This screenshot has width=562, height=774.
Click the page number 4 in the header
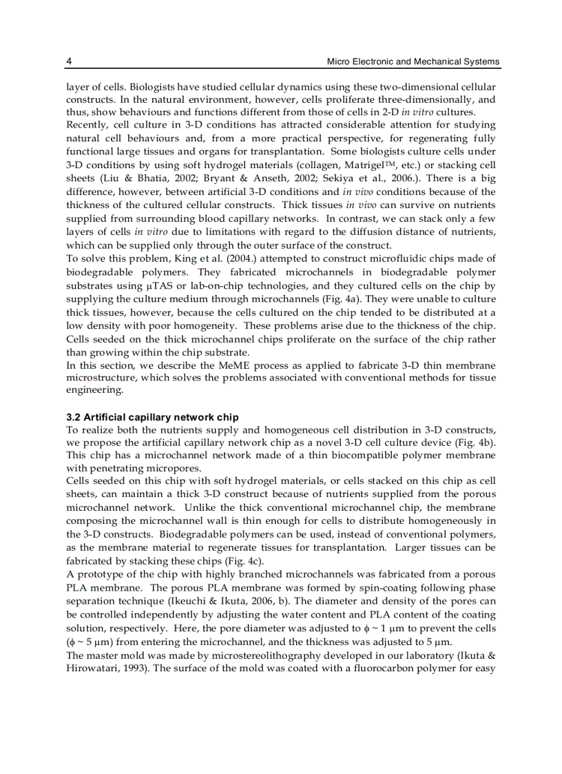coord(69,62)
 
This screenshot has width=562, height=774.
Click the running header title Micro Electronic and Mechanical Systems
coord(413,62)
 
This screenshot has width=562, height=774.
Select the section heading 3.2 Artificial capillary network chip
coord(152,418)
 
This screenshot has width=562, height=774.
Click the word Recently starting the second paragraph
coord(87,125)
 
